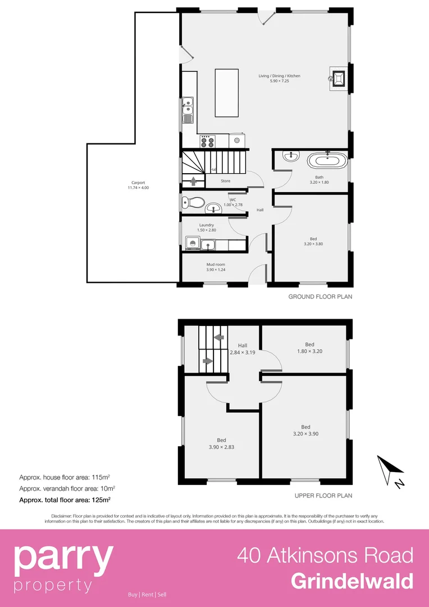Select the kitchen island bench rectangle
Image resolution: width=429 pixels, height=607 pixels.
pyautogui.click(x=226, y=93)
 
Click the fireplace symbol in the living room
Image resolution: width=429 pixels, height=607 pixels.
pyautogui.click(x=339, y=79)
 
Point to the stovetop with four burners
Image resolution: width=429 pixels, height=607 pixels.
pyautogui.click(x=206, y=141)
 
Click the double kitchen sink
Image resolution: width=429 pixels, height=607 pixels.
pyautogui.click(x=188, y=110)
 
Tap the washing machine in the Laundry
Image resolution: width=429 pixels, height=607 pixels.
pyautogui.click(x=191, y=244)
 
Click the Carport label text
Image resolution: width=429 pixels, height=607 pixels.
pyautogui.click(x=138, y=183)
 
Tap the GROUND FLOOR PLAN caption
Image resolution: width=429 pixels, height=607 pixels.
pyautogui.click(x=320, y=296)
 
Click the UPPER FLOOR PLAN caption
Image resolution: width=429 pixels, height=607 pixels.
pyautogui.click(x=323, y=496)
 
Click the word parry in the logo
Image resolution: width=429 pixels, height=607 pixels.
pyautogui.click(x=63, y=557)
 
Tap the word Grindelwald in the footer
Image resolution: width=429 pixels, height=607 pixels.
pyautogui.click(x=352, y=581)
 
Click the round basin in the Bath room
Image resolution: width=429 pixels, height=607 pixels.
pyautogui.click(x=291, y=157)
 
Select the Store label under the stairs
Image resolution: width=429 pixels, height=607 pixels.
pyautogui.click(x=225, y=181)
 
